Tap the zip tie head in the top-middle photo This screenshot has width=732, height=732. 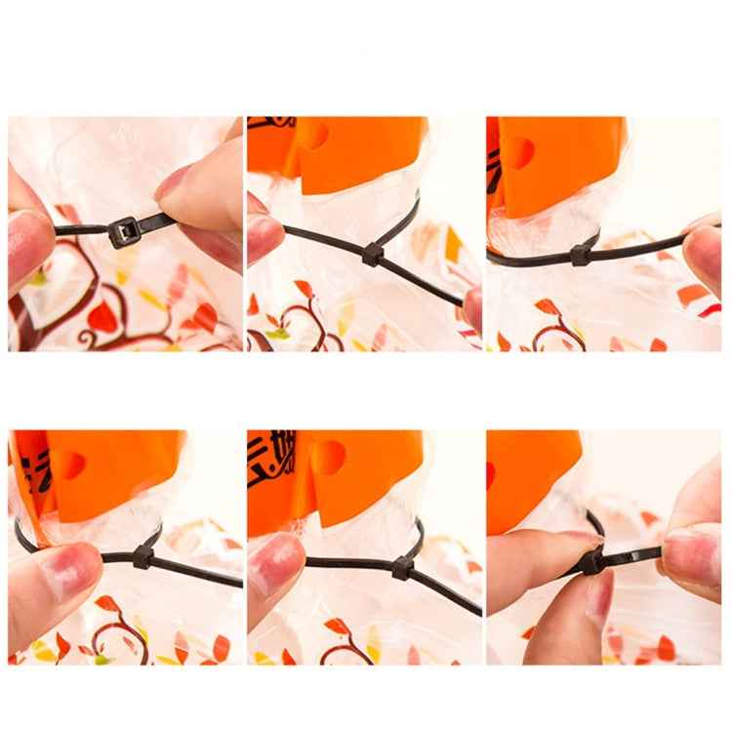[371, 256]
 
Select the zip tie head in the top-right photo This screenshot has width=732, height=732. [580, 255]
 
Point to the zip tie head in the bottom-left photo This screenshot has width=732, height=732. [142, 557]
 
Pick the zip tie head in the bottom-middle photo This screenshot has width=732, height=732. [402, 567]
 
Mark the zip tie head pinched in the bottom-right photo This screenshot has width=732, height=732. [590, 561]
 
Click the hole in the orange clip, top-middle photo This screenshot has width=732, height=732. [315, 136]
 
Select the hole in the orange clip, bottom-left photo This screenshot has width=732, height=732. [68, 464]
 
